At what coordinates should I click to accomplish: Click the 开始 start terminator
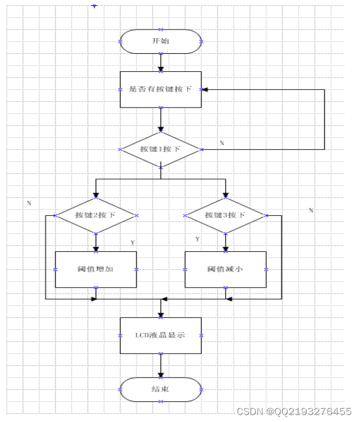coord(160,41)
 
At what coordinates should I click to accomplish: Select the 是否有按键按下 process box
coord(160,89)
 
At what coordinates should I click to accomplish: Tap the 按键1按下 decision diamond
coord(160,149)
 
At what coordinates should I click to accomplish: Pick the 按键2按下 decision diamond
coord(95,215)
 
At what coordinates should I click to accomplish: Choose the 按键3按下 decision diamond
coord(225,215)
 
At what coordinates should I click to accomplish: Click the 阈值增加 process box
coord(95,269)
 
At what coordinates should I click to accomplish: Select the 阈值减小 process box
coord(225,269)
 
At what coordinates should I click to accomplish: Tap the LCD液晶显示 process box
coord(160,335)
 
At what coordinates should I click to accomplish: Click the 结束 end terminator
coord(160,390)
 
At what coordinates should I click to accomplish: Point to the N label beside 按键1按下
coord(222,142)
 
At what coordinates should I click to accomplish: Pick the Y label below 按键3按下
coord(198,238)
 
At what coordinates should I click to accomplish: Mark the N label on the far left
coord(28,203)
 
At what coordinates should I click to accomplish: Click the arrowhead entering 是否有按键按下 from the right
coord(205,90)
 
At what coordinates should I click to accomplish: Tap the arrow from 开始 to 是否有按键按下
coord(160,62)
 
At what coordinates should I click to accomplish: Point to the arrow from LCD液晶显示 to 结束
coord(160,366)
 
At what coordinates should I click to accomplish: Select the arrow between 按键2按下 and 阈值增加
coord(95,241)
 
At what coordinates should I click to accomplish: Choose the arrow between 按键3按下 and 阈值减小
coord(225,241)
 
